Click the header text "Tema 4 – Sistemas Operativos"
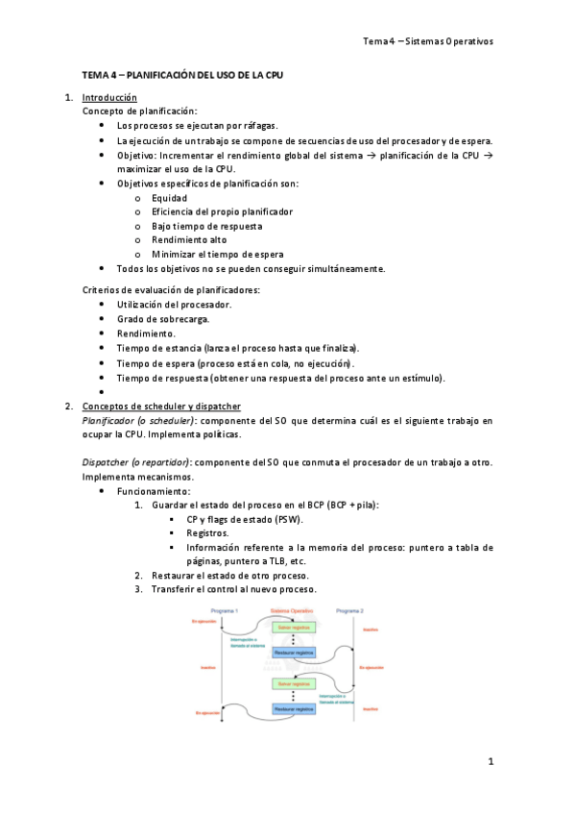(427, 41)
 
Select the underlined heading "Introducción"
(109, 97)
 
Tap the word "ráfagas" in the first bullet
(256, 126)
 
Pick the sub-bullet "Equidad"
(169, 197)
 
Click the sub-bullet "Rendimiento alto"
(189, 240)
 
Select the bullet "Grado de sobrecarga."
(163, 318)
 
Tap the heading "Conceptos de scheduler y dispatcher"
(161, 406)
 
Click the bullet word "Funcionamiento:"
(151, 491)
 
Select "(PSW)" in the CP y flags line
(284, 519)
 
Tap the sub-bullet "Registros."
(207, 532)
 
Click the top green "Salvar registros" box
(295, 627)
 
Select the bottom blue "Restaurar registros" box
(295, 708)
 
